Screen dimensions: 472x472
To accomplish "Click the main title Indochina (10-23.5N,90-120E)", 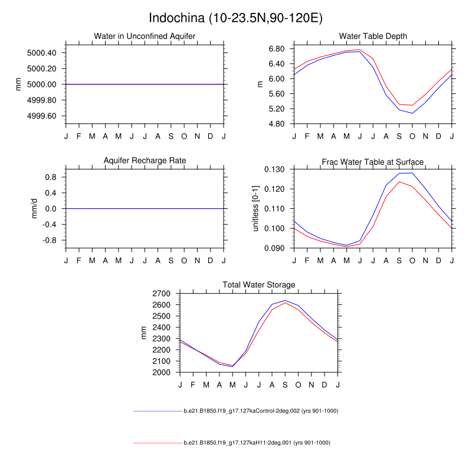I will point(236,18).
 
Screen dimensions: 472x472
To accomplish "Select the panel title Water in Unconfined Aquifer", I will point(145,37).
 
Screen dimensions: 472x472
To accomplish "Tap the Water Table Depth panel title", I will point(373,37).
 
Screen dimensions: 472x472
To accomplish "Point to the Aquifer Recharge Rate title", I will point(145,160).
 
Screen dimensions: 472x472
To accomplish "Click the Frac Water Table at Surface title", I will point(373,162).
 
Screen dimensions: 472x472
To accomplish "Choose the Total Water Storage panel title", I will point(258,285).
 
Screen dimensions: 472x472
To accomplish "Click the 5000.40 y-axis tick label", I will point(41,53).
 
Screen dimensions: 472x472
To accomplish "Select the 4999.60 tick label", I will point(41,116).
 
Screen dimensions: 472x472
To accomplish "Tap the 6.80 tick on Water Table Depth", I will point(276,48).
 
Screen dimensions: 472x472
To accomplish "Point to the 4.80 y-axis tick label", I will point(276,124).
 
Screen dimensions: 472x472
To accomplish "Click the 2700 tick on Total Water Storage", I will point(161,293).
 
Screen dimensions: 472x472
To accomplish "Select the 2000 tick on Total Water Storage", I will point(161,373).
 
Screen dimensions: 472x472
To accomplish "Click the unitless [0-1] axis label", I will point(256,208).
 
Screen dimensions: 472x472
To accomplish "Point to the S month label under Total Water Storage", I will point(285,385).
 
